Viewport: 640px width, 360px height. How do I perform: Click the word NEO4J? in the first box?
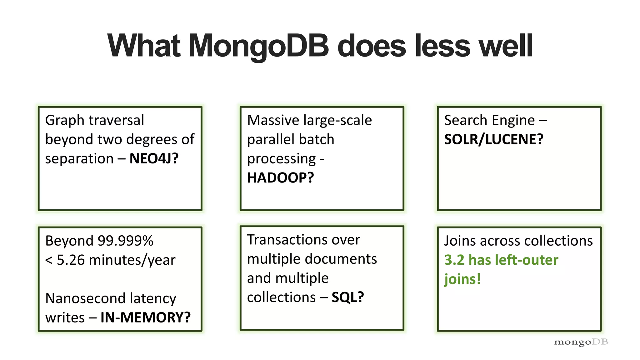pyautogui.click(x=154, y=159)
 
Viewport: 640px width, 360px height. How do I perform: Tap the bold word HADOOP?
pyautogui.click(x=280, y=178)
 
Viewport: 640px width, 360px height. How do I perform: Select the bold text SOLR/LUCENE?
pyautogui.click(x=494, y=139)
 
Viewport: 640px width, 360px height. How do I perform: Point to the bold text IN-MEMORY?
pyautogui.click(x=145, y=317)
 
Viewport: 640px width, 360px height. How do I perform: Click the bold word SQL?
pyautogui.click(x=347, y=297)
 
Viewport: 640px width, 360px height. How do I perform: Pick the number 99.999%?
pyautogui.click(x=125, y=241)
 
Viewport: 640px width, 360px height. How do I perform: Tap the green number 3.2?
pyautogui.click(x=454, y=260)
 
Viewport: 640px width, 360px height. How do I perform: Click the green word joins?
pyautogui.click(x=462, y=279)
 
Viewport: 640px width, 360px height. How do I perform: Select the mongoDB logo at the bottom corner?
pyautogui.click(x=581, y=342)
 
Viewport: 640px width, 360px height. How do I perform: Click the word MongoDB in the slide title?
pyautogui.click(x=258, y=46)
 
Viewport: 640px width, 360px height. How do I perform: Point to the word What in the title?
pyautogui.click(x=144, y=46)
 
